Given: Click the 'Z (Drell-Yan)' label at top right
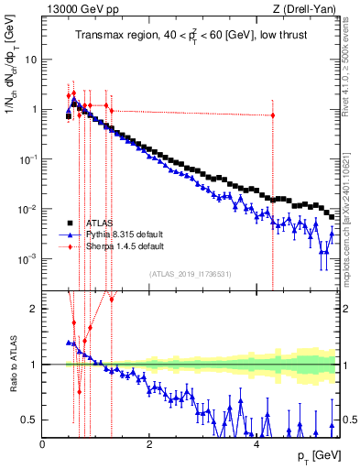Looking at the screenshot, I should [x=307, y=10].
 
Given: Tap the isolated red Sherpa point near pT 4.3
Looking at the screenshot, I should [x=273, y=115].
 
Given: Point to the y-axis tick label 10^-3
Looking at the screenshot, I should [x=27, y=259].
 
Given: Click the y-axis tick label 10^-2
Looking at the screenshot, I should [x=27, y=209].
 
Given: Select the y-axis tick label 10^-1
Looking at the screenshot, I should [x=27, y=159].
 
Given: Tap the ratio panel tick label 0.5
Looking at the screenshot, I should [x=29, y=420].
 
